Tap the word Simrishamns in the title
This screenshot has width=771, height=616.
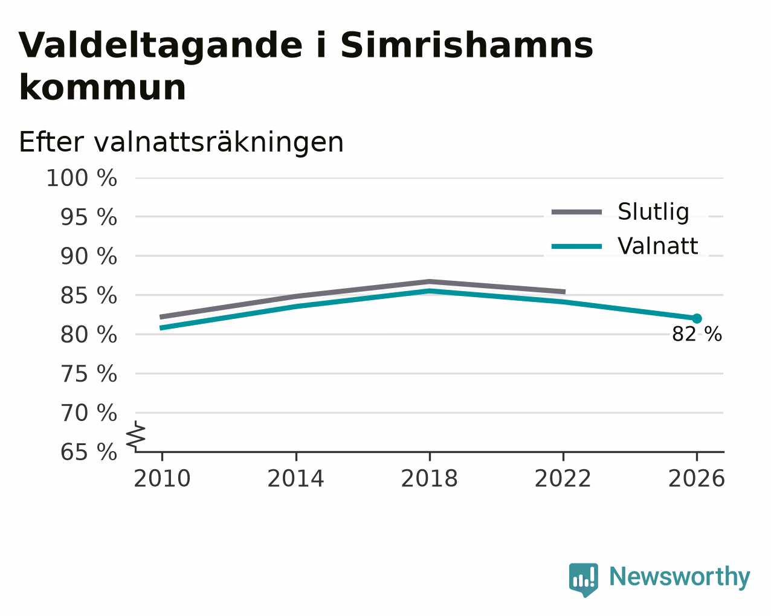[466, 45]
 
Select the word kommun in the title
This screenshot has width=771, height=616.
[103, 87]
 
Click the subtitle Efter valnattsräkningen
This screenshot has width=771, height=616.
[181, 142]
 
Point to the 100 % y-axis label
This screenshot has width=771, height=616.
[82, 178]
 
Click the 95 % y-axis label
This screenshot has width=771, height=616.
[88, 217]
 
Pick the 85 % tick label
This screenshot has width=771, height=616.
[88, 295]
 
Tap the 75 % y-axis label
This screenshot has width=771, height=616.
[88, 374]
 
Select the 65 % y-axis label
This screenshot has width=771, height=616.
[88, 452]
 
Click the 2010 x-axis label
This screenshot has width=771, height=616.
[162, 478]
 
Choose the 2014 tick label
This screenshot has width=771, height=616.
[295, 478]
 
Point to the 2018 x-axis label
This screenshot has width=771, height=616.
[429, 478]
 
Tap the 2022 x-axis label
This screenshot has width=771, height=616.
[563, 478]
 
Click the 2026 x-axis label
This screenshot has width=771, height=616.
[697, 478]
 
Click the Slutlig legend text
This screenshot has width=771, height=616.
[653, 212]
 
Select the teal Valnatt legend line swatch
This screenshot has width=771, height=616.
[576, 246]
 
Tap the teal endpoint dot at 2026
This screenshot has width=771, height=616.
[697, 318]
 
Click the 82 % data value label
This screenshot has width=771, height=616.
[697, 334]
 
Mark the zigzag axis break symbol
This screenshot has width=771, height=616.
[136, 436]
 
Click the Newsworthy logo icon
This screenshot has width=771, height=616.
[584, 580]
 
